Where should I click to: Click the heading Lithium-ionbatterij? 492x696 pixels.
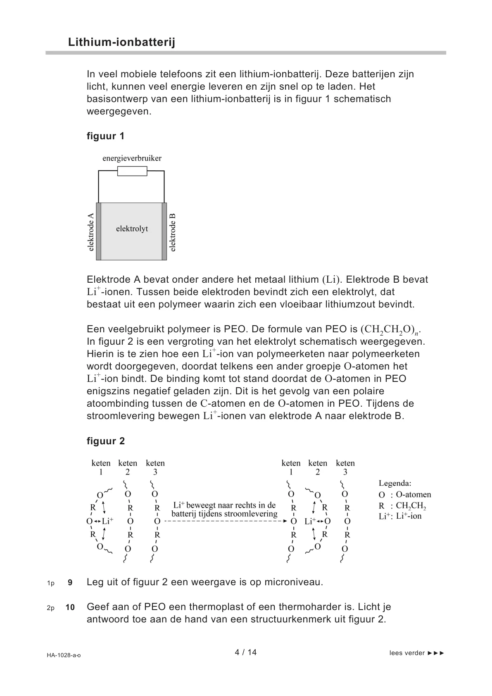(121, 42)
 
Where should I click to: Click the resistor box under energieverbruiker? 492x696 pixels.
(132, 171)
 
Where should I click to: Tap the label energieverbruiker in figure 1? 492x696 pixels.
(132, 158)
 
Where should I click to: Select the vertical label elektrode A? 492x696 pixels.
(91, 232)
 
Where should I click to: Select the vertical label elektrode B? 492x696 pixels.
(173, 232)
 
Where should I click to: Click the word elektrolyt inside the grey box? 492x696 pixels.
(132, 229)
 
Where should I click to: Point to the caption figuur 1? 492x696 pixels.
(105, 136)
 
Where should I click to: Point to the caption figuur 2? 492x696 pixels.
(105, 441)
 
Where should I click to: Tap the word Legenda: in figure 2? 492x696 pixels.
(395, 483)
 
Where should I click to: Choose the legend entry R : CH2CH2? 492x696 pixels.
(402, 505)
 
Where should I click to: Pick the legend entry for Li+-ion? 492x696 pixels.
(400, 516)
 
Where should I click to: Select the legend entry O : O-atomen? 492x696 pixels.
(404, 495)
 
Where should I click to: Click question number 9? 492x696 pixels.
(70, 583)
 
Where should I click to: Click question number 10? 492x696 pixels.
(70, 608)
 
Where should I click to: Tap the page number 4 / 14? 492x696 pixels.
(246, 653)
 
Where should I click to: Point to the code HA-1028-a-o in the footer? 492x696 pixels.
(64, 655)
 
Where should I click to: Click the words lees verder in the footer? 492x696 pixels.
(407, 653)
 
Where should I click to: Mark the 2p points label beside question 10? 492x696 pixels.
(51, 608)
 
